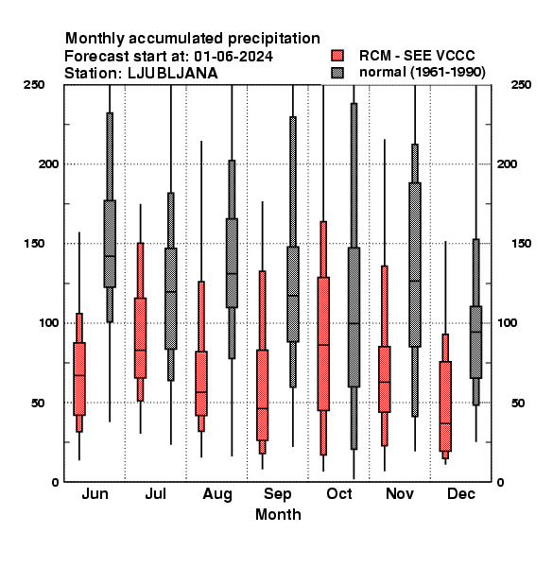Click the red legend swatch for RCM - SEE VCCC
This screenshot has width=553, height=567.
(x=337, y=56)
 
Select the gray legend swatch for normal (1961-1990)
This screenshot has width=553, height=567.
(x=337, y=73)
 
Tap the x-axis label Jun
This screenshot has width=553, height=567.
(x=95, y=493)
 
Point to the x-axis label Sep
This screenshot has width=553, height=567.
(x=277, y=494)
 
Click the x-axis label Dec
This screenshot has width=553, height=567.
(x=460, y=493)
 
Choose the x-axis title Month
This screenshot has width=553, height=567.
(x=278, y=515)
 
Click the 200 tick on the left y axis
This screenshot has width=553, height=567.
(x=48, y=164)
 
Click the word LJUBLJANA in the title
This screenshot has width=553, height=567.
(x=173, y=74)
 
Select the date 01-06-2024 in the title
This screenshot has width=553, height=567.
(x=233, y=57)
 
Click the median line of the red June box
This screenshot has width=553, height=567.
(x=79, y=375)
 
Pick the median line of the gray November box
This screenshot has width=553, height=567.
(x=415, y=281)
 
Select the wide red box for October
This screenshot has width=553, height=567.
(x=323, y=344)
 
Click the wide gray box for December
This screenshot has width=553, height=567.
(x=476, y=342)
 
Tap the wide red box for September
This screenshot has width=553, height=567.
(x=262, y=395)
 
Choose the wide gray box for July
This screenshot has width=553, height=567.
(x=171, y=299)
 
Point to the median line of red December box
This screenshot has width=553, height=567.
(x=445, y=423)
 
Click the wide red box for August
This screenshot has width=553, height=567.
(x=201, y=384)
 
